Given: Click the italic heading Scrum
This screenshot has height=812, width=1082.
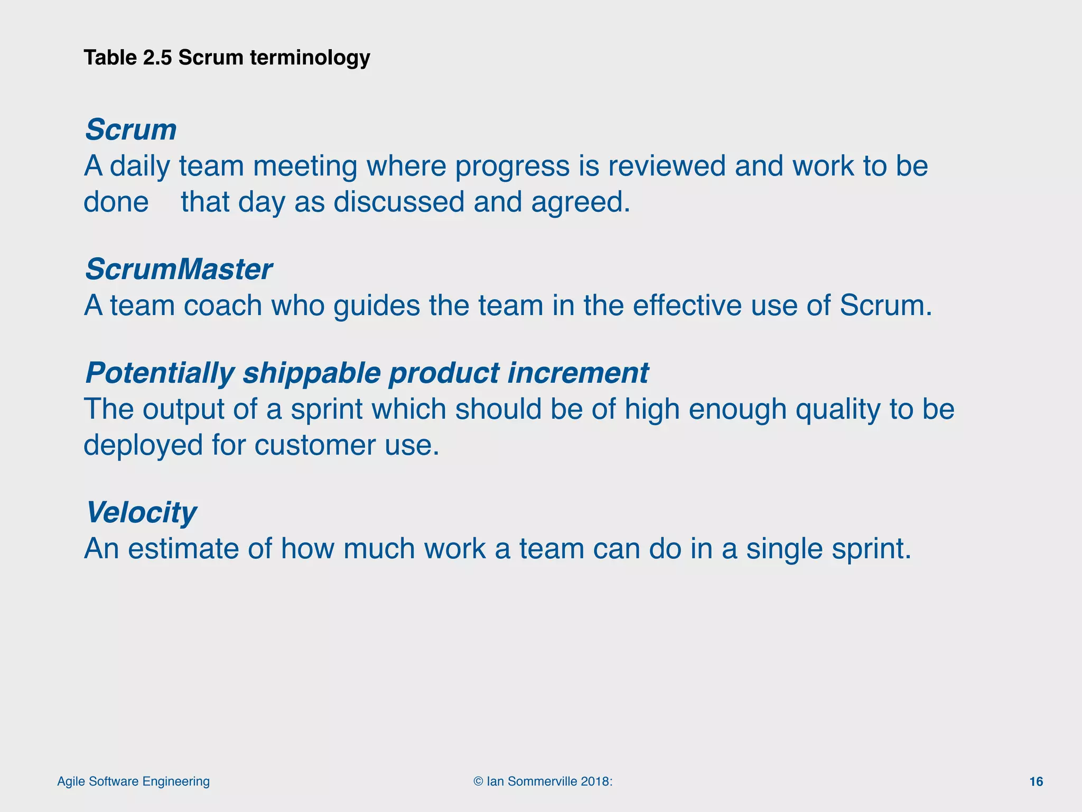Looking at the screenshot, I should coord(130,130).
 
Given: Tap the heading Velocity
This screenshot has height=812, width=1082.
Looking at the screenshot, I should coord(141,512).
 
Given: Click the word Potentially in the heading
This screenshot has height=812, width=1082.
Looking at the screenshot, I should coord(159,373).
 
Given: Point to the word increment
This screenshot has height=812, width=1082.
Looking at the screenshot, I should coord(577,373).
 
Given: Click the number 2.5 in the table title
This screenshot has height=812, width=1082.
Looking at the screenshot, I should coord(157,58).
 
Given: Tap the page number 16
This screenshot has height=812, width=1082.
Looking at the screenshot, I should coord(1036,782).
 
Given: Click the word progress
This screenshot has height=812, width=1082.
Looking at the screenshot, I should coord(512,167).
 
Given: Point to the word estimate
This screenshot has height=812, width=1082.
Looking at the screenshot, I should coord(183,549).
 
